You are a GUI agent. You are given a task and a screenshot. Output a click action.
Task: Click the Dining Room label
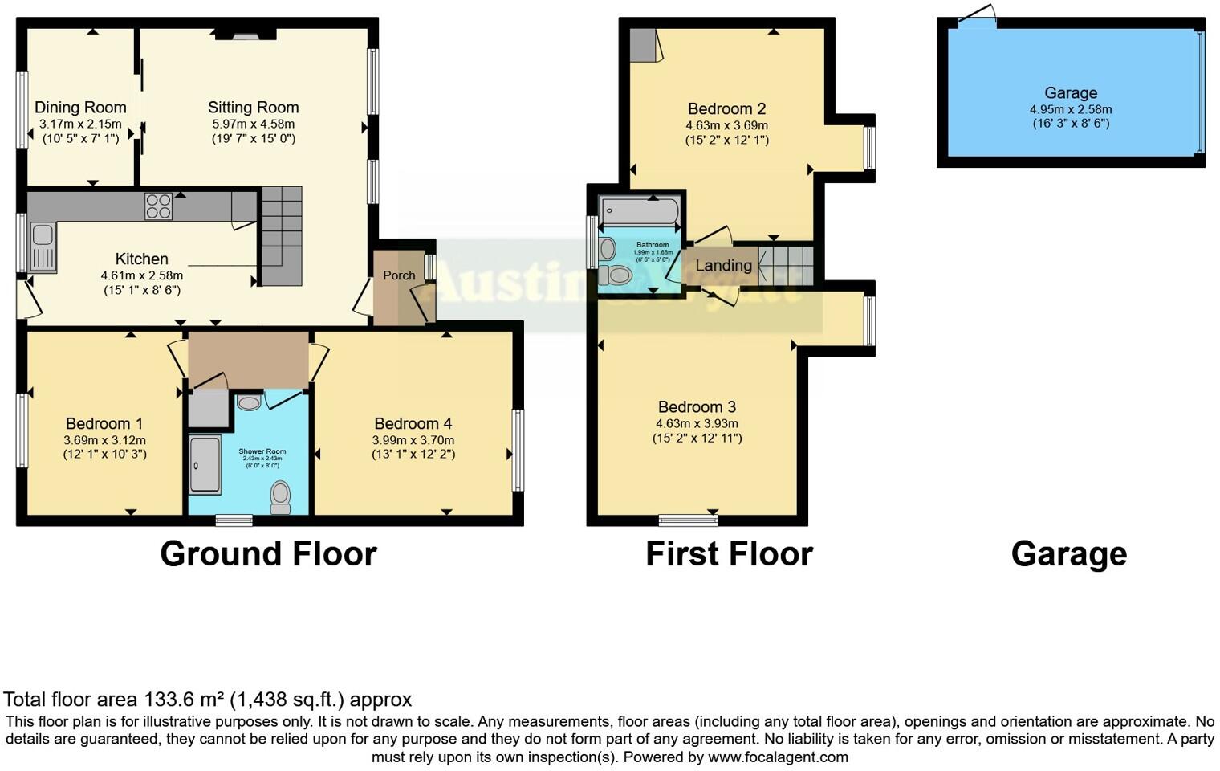pos(80,108)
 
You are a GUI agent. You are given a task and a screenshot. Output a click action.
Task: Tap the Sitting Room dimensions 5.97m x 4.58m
pos(253,124)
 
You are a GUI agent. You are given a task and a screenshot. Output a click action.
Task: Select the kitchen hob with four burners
pos(158,206)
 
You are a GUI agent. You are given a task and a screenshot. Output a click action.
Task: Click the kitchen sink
pos(43,246)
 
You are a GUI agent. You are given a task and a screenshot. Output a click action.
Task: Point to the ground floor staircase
pos(280,235)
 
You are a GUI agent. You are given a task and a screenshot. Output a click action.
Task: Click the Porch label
pos(399,275)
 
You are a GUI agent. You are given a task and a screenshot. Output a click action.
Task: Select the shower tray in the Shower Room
pos(204,463)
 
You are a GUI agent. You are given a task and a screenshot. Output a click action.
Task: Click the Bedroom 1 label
pos(104,423)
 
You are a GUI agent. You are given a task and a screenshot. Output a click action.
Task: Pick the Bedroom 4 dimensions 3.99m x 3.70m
pos(413,440)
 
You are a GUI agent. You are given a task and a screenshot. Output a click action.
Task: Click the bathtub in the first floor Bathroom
pos(640,212)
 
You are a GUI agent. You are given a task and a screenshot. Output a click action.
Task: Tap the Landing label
pos(723,266)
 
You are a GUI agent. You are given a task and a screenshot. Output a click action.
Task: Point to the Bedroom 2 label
pos(726,108)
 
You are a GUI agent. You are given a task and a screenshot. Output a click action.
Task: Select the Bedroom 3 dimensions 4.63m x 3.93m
pos(697,423)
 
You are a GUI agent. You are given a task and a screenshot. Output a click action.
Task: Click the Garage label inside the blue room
pos(1071,93)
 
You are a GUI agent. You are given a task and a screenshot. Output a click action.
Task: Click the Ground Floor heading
pos(268,554)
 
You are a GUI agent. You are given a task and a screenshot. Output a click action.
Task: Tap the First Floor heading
pos(729,554)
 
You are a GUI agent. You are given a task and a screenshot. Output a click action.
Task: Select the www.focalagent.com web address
pos(778,757)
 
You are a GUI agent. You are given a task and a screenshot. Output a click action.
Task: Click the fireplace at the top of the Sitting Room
pos(246,34)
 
